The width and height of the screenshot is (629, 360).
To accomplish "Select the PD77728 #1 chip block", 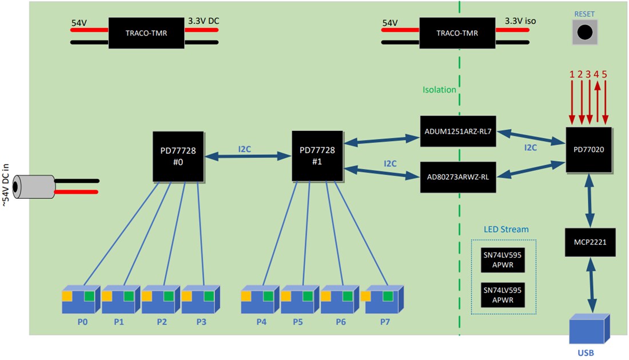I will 318,157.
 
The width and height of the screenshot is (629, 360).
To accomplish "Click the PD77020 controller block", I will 589,150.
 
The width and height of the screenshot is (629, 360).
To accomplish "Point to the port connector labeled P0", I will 81,299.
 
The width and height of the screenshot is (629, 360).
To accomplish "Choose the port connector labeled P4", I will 261,299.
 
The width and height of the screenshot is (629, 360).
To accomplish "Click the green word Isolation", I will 439,90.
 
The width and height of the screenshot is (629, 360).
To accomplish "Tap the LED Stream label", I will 503,229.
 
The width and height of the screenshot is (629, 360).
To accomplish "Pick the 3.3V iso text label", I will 520,22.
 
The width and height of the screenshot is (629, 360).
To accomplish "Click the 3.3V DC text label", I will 204,21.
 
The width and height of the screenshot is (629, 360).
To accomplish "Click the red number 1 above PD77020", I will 571,74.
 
